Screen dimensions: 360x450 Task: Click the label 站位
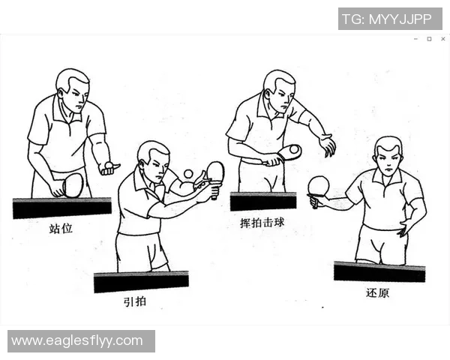pyautogui.click(x=61, y=227)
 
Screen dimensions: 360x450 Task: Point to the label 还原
pyautogui.click(x=378, y=292)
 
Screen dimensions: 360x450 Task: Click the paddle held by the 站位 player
pyautogui.click(x=73, y=184)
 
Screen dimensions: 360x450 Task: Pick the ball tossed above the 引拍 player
pyautogui.click(x=188, y=174)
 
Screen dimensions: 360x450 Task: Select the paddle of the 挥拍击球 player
pyautogui.click(x=288, y=152)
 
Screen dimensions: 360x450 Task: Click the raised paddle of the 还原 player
pyautogui.click(x=319, y=185)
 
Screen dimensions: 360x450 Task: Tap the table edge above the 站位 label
pyautogui.click(x=61, y=207)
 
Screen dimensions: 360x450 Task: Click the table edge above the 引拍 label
pyautogui.click(x=141, y=281)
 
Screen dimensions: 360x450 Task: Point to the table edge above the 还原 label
pyautogui.click(x=379, y=271)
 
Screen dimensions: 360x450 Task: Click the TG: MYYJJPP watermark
pyautogui.click(x=389, y=19)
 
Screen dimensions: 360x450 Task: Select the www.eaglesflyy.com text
pyautogui.click(x=77, y=340)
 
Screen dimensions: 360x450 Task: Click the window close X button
pyautogui.click(x=442, y=39)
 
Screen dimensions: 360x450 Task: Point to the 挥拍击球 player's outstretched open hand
pyautogui.click(x=327, y=145)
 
